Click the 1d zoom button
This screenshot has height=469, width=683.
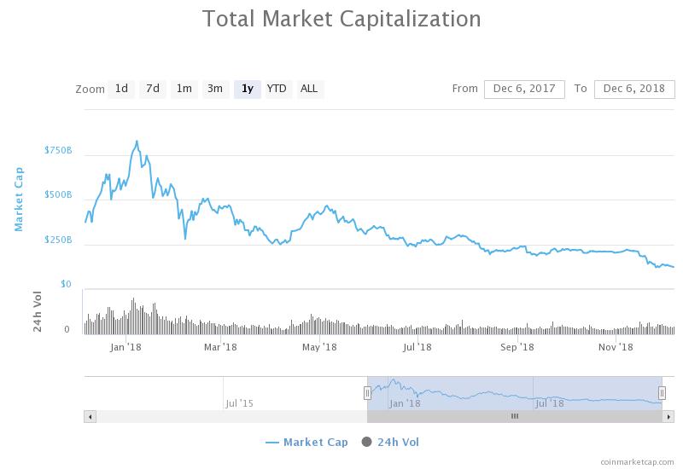(x=121, y=89)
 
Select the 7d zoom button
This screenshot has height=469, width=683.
(x=152, y=89)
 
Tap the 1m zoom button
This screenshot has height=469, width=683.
(x=184, y=89)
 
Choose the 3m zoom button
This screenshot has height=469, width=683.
(x=215, y=89)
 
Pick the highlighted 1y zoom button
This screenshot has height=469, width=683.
(x=247, y=89)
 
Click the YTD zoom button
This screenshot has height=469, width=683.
(x=277, y=89)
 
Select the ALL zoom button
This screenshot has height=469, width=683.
(x=309, y=89)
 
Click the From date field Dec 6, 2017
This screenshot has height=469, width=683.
(x=524, y=89)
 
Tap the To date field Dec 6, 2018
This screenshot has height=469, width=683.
(x=633, y=89)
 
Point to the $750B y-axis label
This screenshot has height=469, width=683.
(x=58, y=151)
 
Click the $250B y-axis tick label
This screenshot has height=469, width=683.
(x=58, y=240)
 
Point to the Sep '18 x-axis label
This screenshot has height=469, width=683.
(x=517, y=347)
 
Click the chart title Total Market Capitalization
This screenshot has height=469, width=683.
(x=341, y=19)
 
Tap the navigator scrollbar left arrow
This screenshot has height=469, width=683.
(x=90, y=416)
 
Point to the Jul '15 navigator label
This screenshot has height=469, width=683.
(x=239, y=403)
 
